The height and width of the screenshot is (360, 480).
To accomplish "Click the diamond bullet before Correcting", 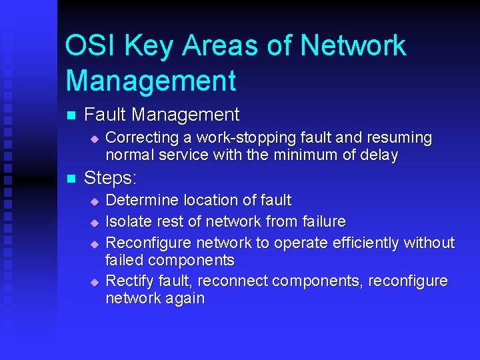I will [x=95, y=139].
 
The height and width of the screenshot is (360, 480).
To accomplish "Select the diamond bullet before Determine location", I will [x=95, y=201].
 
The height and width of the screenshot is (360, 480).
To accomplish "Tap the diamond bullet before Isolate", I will [x=95, y=221].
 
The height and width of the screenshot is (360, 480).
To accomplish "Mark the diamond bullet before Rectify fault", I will [x=95, y=282].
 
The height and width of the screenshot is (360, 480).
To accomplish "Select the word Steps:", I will [x=111, y=178].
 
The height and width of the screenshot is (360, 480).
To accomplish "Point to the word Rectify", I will [x=129, y=281].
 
